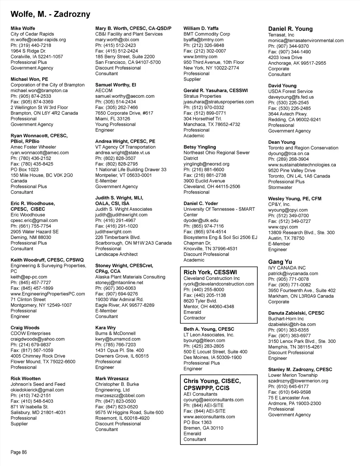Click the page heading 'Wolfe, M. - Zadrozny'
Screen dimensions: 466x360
50,14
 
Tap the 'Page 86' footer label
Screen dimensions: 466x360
19,452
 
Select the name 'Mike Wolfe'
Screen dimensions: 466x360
23,28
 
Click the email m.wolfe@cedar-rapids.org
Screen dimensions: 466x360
38,40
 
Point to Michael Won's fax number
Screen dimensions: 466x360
32,102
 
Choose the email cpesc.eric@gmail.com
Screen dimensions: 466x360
34,221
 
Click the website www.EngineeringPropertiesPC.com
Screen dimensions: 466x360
48,294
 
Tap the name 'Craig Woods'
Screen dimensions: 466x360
25,328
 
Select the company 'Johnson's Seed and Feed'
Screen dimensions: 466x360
38,384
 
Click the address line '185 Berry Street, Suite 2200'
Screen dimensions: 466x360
125,57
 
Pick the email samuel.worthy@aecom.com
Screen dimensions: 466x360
125,96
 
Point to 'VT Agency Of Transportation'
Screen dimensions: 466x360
125,147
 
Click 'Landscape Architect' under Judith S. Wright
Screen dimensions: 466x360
116,254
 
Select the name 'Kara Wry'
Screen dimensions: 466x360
105,328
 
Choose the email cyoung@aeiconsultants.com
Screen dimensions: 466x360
213,400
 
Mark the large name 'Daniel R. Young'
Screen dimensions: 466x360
290,29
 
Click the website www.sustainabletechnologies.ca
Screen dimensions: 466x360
302,165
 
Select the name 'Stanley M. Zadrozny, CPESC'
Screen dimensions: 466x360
300,370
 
